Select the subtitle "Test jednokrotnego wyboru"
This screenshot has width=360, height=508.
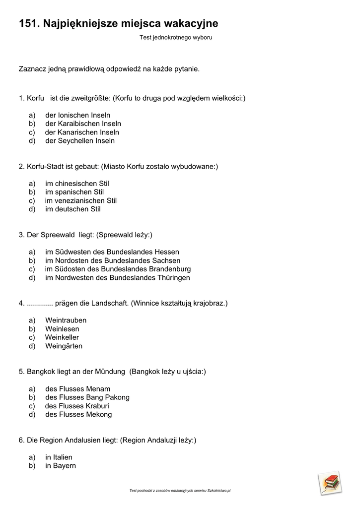pyautogui.click(x=176, y=38)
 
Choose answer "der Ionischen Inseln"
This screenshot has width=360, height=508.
pyautogui.click(x=77, y=115)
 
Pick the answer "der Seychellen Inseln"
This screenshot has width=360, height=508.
pyautogui.click(x=80, y=141)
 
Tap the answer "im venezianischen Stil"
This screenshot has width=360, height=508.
pyautogui.click(x=81, y=201)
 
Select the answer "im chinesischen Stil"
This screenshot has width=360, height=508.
pyautogui.click(x=77, y=184)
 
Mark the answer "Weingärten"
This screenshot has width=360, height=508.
pyautogui.click(x=64, y=346)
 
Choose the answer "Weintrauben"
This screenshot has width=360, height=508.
pyautogui.click(x=66, y=320)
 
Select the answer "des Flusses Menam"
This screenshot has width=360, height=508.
pyautogui.click(x=77, y=389)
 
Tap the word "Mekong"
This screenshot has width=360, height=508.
pyautogui.click(x=99, y=415)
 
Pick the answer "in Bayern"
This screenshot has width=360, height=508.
pyautogui.click(x=61, y=466)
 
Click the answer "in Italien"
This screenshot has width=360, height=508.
pyautogui.click(x=59, y=457)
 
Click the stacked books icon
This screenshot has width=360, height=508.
pyautogui.click(x=330, y=482)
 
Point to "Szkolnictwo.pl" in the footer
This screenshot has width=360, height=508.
pyautogui.click(x=219, y=491)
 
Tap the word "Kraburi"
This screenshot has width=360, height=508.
pyautogui.click(x=98, y=406)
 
